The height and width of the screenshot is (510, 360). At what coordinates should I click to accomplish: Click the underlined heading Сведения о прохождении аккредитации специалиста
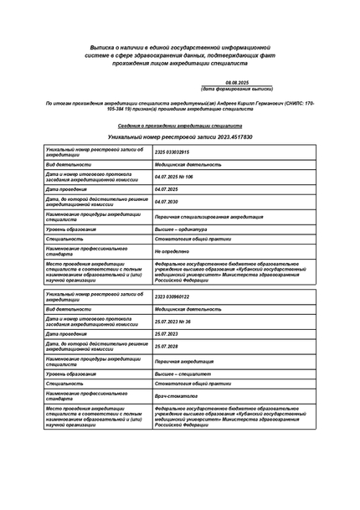(181, 125)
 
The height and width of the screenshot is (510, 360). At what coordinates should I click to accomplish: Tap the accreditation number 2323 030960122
(172, 296)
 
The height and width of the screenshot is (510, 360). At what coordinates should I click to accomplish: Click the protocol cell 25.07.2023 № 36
(172, 322)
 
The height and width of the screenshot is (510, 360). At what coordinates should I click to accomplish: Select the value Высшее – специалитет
(183, 373)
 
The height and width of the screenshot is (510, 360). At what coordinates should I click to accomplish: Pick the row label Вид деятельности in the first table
(68, 165)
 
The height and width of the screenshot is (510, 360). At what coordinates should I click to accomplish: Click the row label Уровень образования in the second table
(71, 373)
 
